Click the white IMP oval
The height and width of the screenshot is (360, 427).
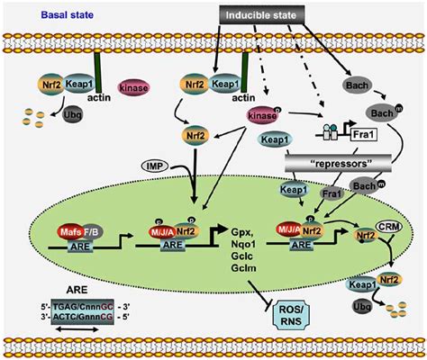(131, 166)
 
